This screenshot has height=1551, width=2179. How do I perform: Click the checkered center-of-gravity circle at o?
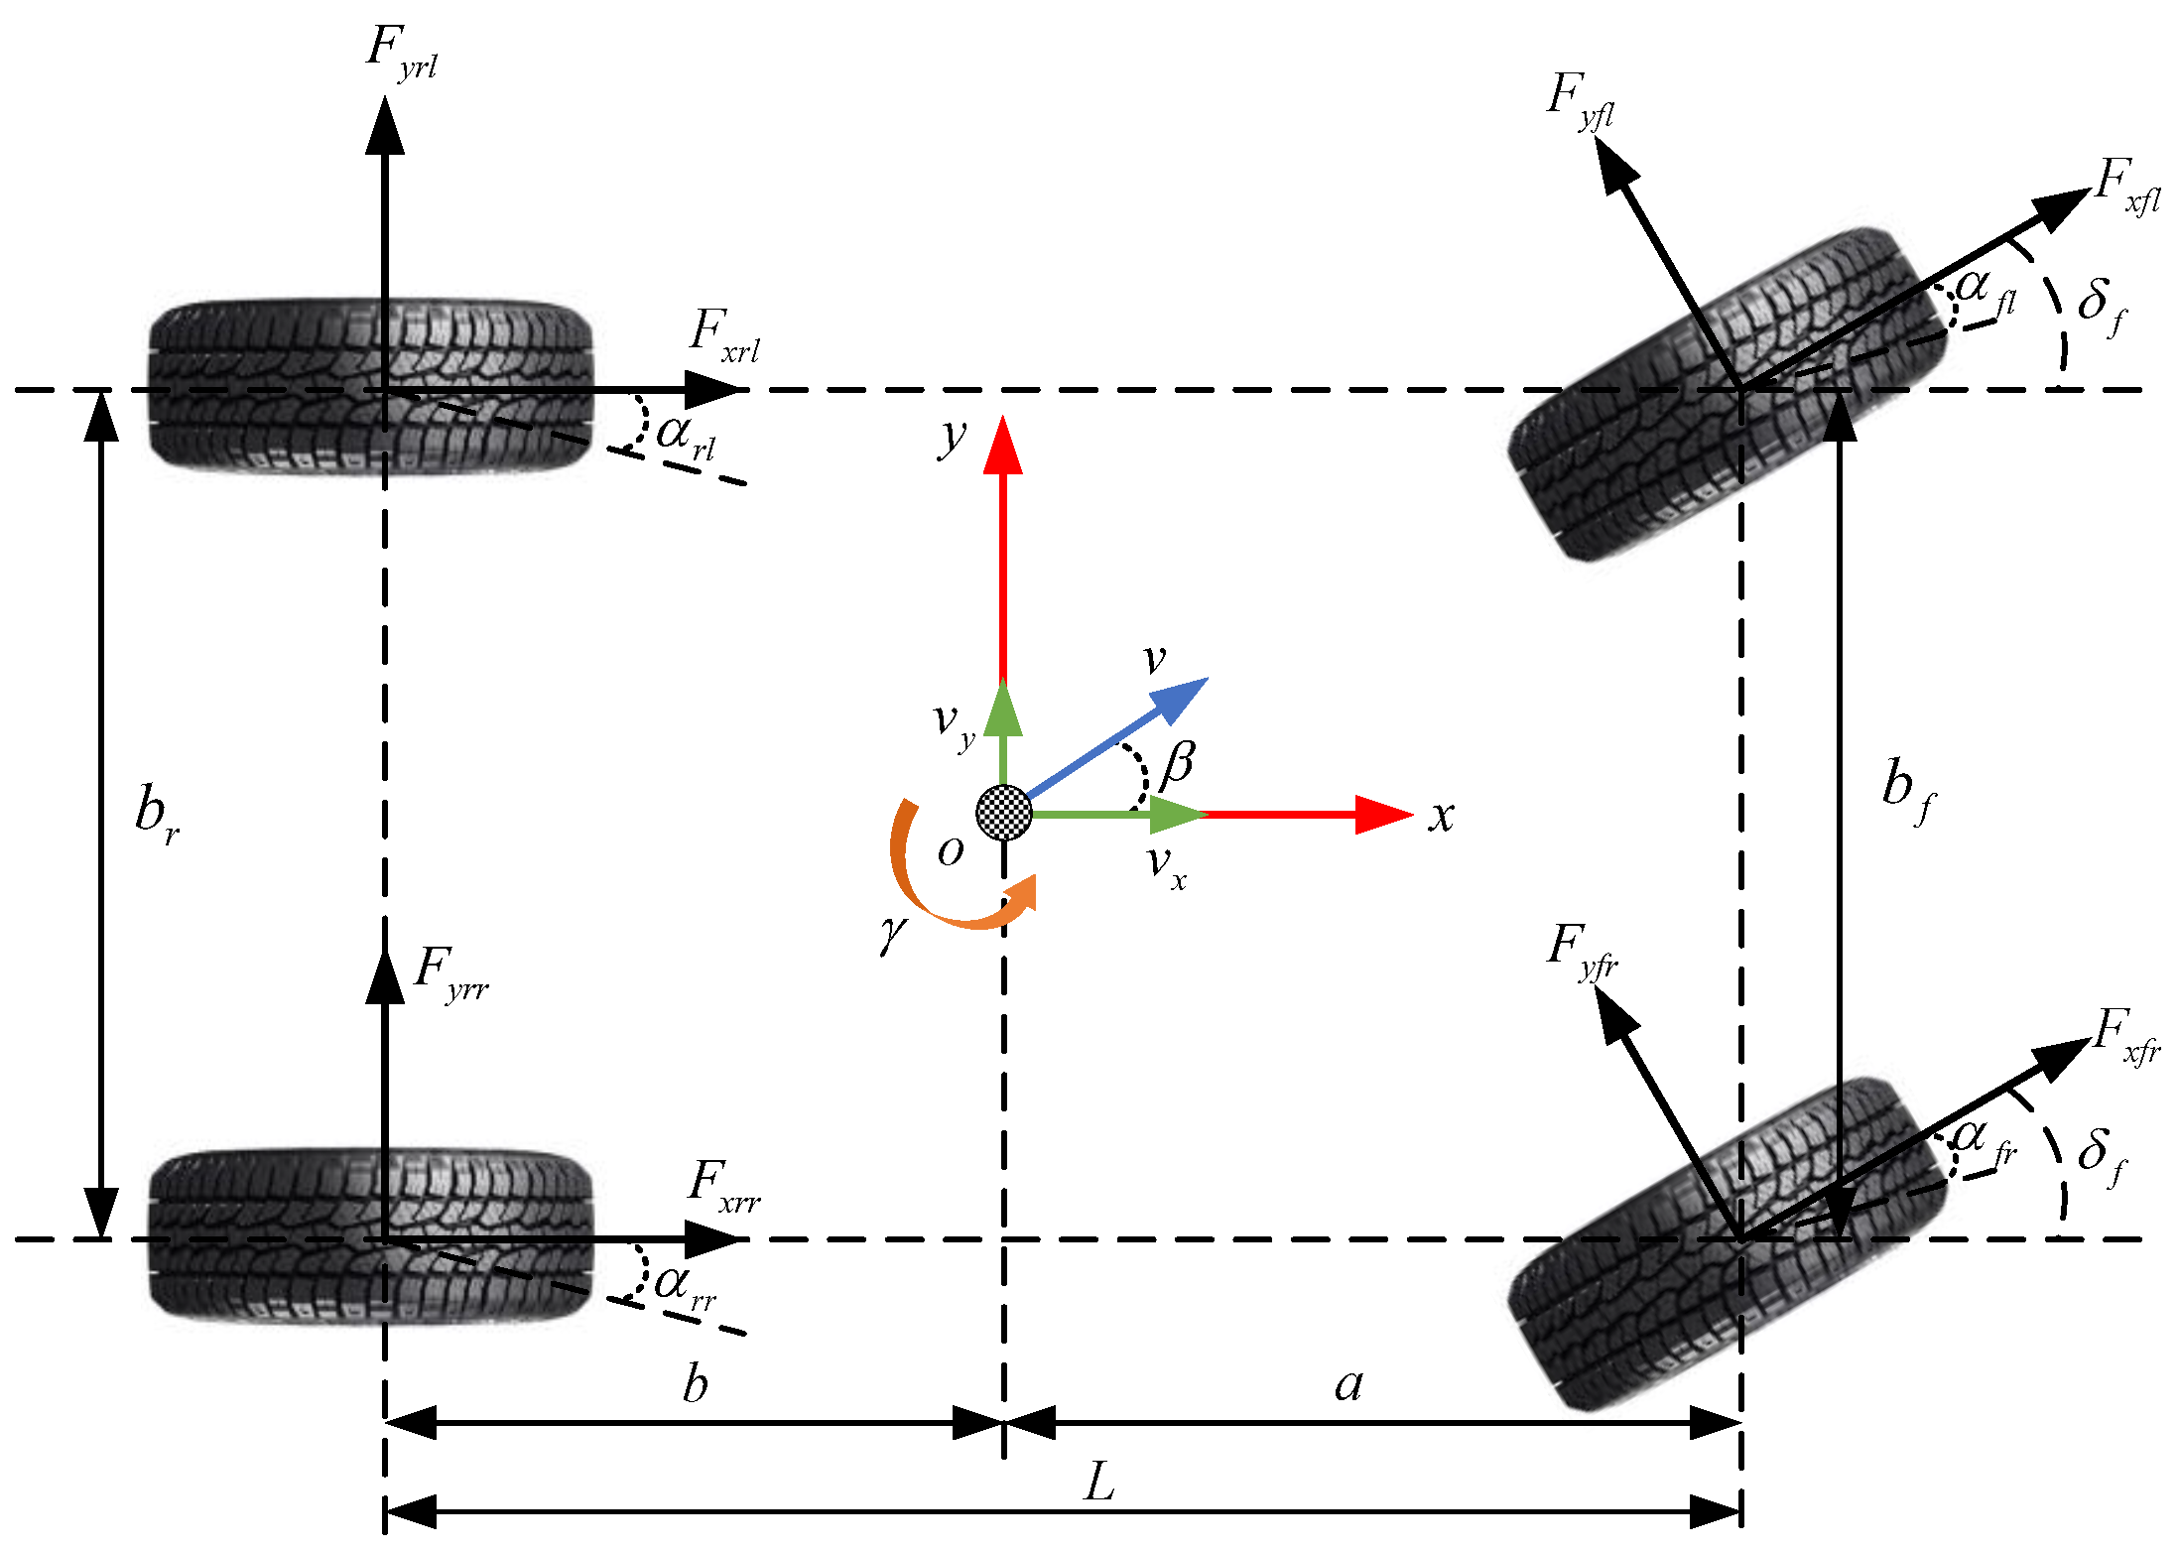(1003, 813)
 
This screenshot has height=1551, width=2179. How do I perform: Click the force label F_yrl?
(401, 52)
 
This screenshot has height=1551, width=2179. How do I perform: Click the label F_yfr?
(1582, 951)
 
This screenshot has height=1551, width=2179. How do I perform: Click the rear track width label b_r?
(157, 812)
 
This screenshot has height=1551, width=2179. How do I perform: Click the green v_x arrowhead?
(1177, 815)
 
